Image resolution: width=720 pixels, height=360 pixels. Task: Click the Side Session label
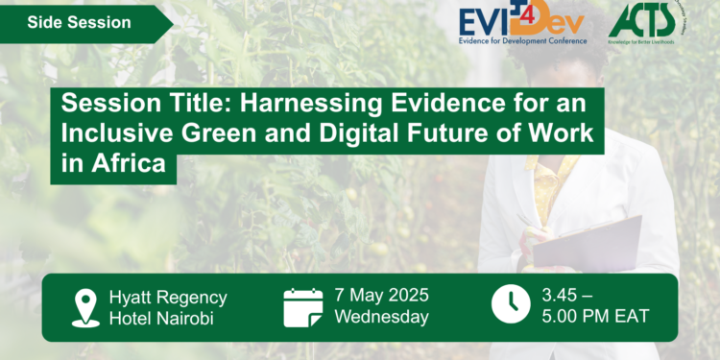tap(79, 22)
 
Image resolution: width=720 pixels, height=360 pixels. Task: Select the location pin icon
tap(85, 306)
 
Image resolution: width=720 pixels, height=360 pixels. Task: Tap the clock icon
tap(510, 306)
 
